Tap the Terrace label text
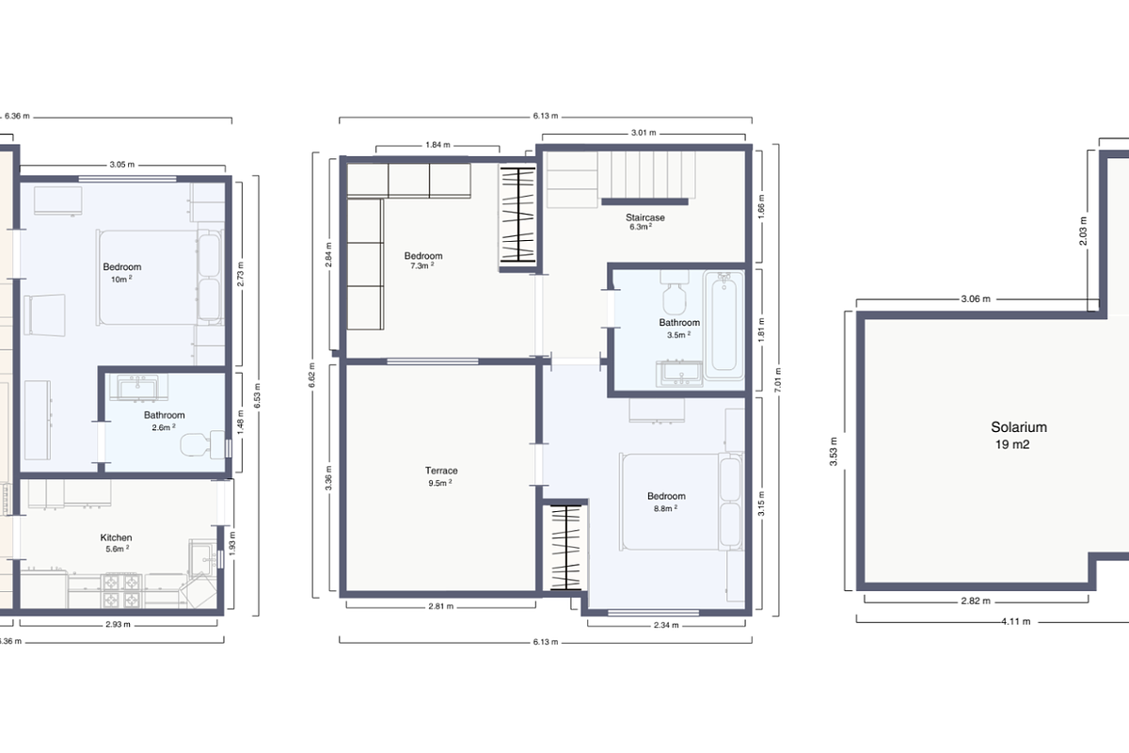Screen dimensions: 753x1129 (441, 471)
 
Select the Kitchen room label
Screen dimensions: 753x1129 (117, 537)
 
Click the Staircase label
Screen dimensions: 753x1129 (645, 217)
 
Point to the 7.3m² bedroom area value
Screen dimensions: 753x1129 (421, 266)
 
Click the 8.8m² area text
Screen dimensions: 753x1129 (665, 507)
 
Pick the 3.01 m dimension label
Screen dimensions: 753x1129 (644, 133)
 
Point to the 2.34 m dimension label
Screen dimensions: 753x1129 (666, 625)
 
